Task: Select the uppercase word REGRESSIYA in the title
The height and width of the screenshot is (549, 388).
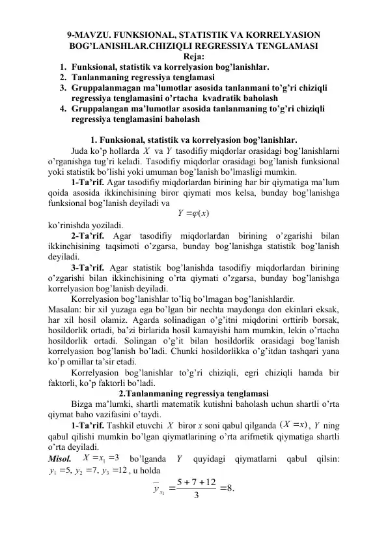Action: pos(217,46)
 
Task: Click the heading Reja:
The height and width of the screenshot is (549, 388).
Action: pos(193,57)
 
